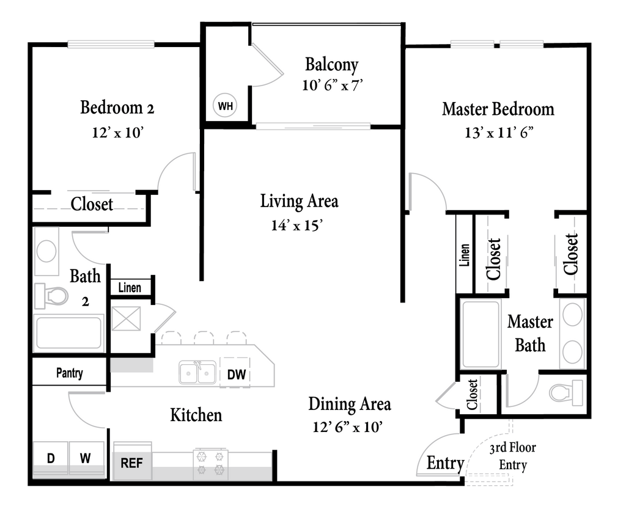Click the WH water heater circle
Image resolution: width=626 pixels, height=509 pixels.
tap(226, 106)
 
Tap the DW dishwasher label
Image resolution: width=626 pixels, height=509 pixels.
tap(236, 375)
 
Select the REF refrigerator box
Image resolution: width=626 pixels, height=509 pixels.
tap(131, 463)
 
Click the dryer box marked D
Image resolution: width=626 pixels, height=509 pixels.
tap(50, 457)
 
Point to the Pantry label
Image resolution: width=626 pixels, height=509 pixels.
tap(70, 373)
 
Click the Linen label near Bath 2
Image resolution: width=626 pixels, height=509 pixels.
tap(130, 287)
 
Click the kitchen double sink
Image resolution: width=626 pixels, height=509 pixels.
tap(197, 373)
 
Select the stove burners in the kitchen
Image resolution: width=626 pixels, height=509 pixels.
tap(210, 463)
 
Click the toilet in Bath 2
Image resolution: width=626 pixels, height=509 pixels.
tap(51, 296)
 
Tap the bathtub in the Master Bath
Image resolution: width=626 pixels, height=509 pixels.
tap(480, 335)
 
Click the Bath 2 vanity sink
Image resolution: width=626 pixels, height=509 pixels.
tap(46, 251)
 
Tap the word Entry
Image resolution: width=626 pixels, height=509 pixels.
tap(444, 463)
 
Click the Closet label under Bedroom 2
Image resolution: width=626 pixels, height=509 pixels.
tap(92, 204)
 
